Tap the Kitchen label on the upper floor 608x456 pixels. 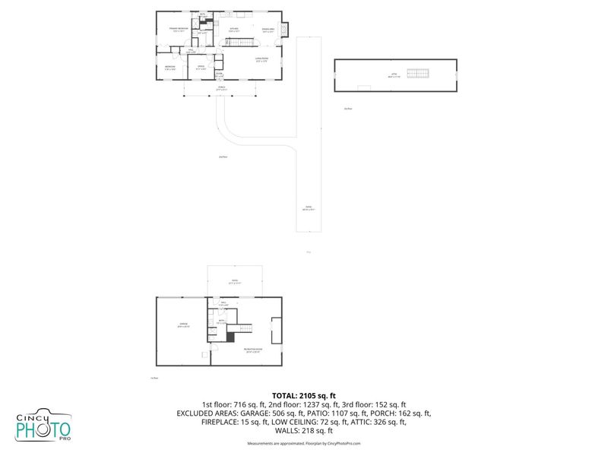(x=234, y=30)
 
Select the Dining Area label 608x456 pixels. (x=268, y=30)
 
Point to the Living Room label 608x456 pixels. (x=261, y=59)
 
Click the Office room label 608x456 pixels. (x=201, y=68)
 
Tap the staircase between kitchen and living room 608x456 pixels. (x=242, y=44)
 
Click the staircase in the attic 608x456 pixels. (x=418, y=73)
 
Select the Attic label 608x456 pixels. (x=394, y=74)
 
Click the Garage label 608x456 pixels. (x=183, y=325)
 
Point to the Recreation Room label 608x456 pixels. (x=252, y=350)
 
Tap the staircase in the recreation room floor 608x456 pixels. (x=242, y=328)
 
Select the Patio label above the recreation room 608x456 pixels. (x=234, y=281)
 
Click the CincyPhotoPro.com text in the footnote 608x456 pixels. (x=344, y=443)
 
